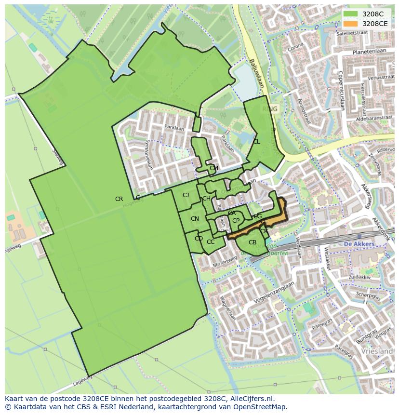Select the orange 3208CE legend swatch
[x=350, y=24]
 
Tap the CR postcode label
[x=119, y=199]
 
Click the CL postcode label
[x=256, y=142]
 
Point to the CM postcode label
[x=214, y=168]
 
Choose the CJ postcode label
[x=186, y=195]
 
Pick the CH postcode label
[x=206, y=199]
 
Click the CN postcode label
[x=195, y=219]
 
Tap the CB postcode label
[x=253, y=242]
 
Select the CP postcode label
[x=236, y=221]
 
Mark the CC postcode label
[x=211, y=242]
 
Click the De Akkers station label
[x=359, y=244]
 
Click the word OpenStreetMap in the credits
[x=260, y=407]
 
